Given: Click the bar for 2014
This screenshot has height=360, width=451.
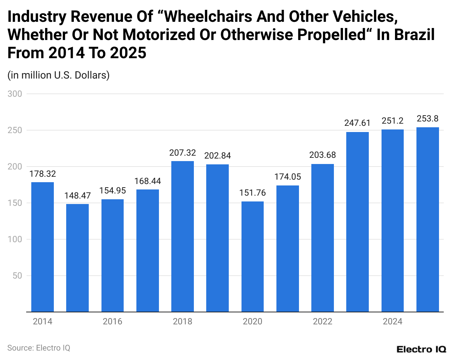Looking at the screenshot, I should (43, 247).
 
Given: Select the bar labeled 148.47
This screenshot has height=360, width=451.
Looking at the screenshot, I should (77, 258).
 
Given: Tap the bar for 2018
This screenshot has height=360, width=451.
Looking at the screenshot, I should (183, 236).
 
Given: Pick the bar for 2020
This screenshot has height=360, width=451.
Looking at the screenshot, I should (252, 257).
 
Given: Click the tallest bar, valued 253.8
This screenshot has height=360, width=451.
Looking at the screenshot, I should (428, 220).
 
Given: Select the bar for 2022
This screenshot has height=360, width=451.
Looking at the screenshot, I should (323, 238).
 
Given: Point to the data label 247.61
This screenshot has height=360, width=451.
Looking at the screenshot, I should (357, 123).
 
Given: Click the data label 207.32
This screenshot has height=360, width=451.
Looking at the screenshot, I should (183, 153).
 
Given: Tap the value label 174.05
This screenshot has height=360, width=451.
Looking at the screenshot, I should (288, 177).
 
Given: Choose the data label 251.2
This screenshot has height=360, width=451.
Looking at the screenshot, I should (392, 121).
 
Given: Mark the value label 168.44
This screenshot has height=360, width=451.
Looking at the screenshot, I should (148, 181).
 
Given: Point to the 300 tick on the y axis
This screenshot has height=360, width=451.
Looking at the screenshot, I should (15, 94).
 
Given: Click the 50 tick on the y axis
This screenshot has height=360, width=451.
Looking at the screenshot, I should (17, 276).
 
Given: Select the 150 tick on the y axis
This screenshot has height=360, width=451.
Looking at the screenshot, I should (15, 203).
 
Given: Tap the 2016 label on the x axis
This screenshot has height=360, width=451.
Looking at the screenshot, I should (112, 321).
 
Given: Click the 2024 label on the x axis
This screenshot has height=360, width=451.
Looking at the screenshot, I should (392, 321).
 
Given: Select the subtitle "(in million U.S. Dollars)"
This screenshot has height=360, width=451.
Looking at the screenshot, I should (59, 75).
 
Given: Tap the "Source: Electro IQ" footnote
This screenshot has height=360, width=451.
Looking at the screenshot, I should (39, 348).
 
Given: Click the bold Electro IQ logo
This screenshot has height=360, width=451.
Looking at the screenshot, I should (421, 349).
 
